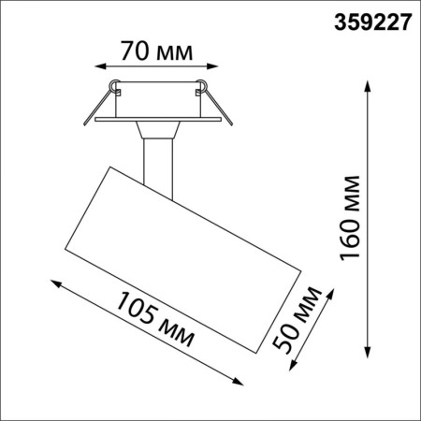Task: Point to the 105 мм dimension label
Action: [152, 318]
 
